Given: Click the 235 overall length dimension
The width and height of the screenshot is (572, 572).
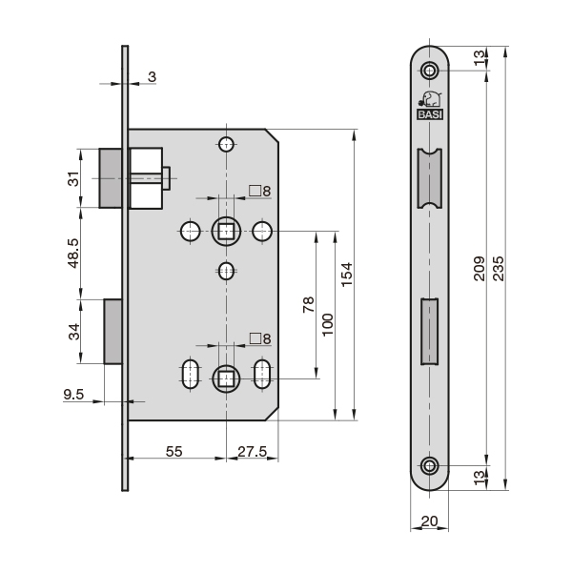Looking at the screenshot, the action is [498, 269].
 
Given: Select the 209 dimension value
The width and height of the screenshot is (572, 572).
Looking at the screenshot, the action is [479, 269].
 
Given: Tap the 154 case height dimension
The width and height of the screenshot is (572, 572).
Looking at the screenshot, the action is [347, 275].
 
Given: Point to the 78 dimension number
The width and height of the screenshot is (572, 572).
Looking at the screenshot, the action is [309, 305].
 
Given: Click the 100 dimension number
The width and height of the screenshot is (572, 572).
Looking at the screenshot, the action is [328, 325].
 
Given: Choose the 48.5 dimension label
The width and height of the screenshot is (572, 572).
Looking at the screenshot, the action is [73, 254].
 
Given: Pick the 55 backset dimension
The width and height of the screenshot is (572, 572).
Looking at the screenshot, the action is [174, 452].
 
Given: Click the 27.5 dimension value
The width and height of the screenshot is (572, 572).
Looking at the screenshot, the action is [253, 452].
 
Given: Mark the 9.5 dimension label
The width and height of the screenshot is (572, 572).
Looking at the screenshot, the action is [73, 395].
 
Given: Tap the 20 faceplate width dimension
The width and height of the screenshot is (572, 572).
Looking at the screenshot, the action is [429, 521].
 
